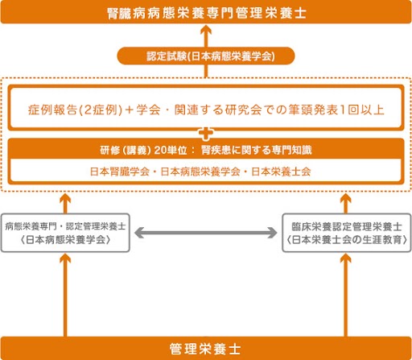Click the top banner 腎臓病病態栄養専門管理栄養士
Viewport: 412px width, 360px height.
click(206, 12)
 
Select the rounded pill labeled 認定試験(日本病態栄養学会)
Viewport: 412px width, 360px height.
click(206, 56)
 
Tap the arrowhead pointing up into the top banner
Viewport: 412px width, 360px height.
click(206, 30)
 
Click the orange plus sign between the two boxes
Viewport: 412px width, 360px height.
click(206, 134)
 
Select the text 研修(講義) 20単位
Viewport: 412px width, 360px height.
click(143, 150)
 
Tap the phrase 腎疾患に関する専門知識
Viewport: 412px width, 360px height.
click(257, 150)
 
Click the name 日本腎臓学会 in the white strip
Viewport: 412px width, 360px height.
click(120, 172)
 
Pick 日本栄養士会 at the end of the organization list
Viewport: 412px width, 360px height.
click(281, 172)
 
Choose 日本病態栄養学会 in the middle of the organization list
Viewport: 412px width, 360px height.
click(200, 172)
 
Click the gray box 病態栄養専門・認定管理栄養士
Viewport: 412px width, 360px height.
click(65, 233)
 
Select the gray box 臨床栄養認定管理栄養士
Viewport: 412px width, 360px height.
click(347, 233)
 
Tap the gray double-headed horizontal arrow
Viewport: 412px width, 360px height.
click(206, 233)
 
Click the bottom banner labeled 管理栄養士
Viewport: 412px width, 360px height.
click(206, 349)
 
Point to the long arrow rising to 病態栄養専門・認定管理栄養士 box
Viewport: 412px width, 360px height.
click(65, 295)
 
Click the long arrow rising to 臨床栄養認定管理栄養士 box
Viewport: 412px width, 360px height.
click(346, 295)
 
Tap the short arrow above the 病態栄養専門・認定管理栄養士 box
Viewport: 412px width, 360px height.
click(65, 203)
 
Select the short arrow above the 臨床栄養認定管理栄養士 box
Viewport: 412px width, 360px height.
click(346, 203)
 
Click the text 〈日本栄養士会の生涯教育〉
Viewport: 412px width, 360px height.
click(347, 240)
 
